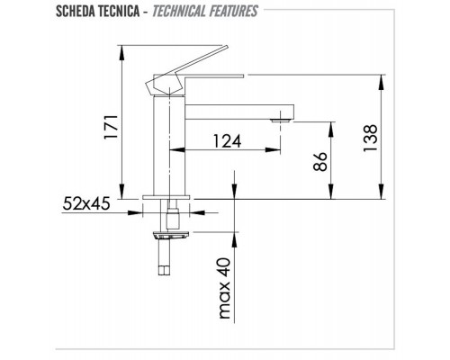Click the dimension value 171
click(x=110, y=126)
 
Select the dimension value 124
click(x=227, y=141)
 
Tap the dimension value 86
click(x=319, y=161)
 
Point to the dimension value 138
click(x=370, y=138)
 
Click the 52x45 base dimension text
click(x=86, y=204)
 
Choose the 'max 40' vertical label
click(x=225, y=288)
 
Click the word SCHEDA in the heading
click(x=76, y=12)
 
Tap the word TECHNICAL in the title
click(x=179, y=12)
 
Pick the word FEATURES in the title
click(x=233, y=12)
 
